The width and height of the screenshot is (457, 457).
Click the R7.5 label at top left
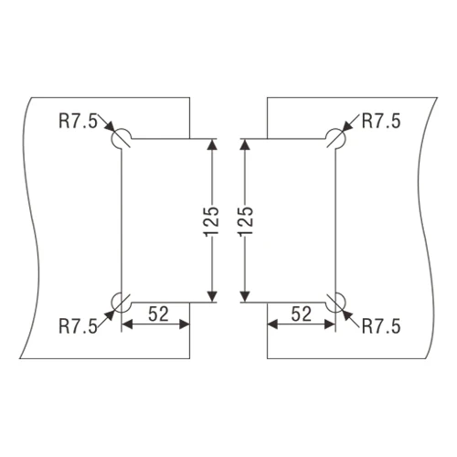point(78,121)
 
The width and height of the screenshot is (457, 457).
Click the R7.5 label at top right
point(381,121)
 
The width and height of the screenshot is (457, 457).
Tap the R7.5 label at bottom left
point(78,326)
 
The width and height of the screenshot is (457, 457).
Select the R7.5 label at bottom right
point(381,326)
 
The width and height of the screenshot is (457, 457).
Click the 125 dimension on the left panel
point(211,221)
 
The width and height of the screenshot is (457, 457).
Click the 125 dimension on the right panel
point(246,221)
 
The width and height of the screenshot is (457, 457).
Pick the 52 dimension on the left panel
point(158,314)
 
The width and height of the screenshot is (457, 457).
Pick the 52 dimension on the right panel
point(302,314)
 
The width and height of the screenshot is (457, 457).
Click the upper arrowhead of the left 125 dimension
point(212,144)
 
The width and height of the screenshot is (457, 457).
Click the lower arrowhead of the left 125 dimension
point(212,297)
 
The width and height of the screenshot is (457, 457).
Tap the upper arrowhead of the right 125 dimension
point(245,144)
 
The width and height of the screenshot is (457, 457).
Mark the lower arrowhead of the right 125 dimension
point(245,297)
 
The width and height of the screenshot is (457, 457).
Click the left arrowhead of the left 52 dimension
point(127,324)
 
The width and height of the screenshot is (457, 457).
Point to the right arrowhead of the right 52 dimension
point(330,324)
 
